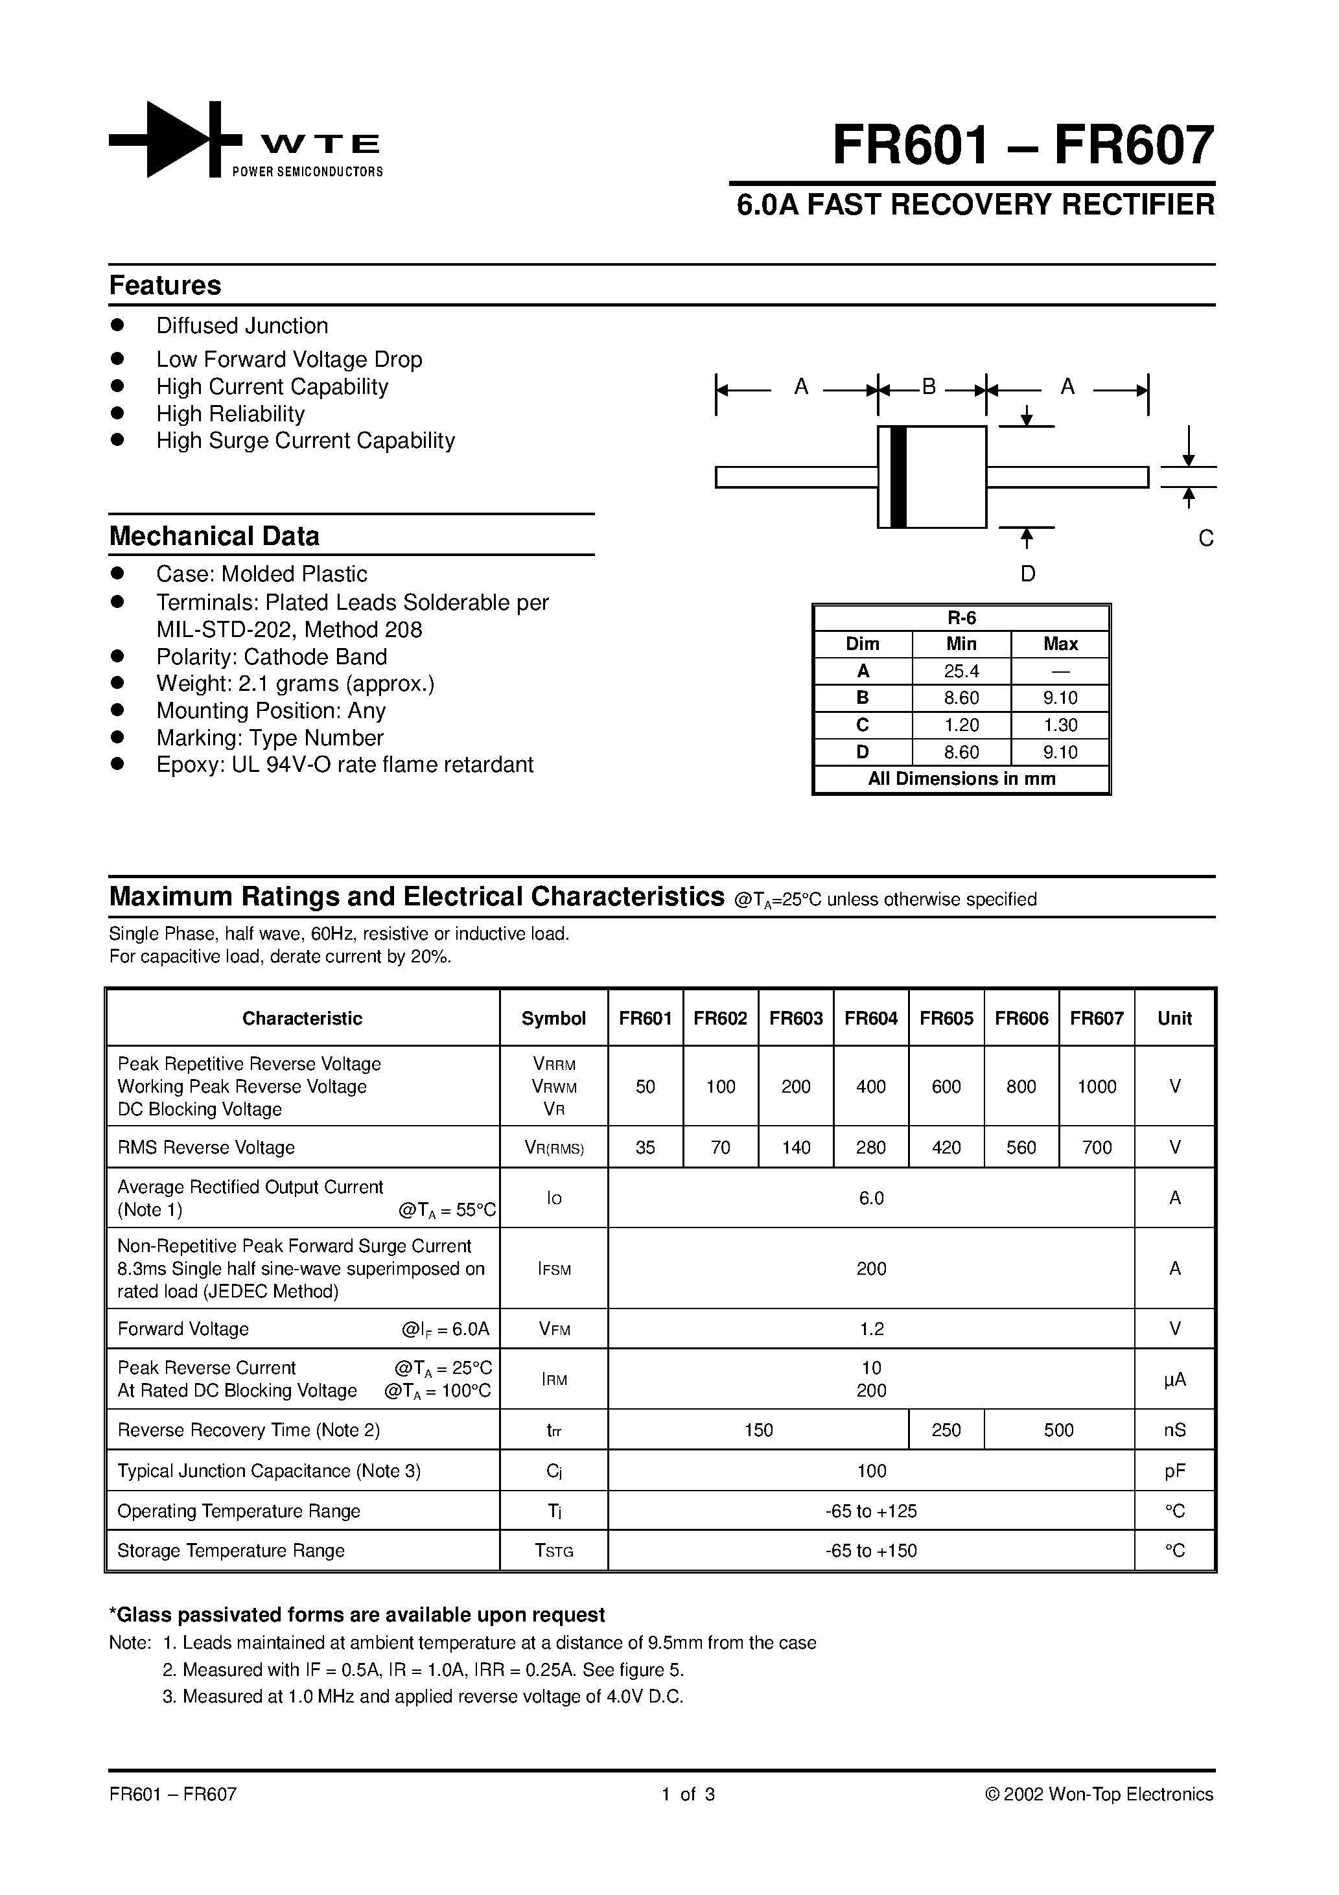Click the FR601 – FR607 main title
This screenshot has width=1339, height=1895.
tap(1023, 146)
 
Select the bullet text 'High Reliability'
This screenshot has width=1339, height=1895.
tap(230, 413)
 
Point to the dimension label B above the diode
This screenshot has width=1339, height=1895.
tap(929, 386)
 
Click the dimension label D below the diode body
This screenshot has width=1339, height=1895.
tap(1028, 574)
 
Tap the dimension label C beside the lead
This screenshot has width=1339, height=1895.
tap(1205, 539)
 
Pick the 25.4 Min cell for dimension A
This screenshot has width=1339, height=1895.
tap(961, 671)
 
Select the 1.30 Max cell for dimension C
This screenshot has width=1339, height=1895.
tap(1060, 725)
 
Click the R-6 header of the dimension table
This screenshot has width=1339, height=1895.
tap(961, 618)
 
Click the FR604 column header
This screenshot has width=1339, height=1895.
tap(871, 1019)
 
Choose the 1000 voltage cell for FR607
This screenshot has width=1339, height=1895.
tap(1097, 1087)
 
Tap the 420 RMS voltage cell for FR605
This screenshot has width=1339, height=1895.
tap(946, 1147)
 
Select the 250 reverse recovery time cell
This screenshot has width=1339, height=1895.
tap(946, 1430)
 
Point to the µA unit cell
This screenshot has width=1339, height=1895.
tap(1174, 1379)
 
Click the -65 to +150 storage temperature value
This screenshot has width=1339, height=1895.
tap(871, 1551)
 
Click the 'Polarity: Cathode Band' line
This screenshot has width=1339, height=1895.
tap(272, 657)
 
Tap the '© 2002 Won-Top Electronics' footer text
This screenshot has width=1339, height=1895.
tap(1099, 1795)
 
